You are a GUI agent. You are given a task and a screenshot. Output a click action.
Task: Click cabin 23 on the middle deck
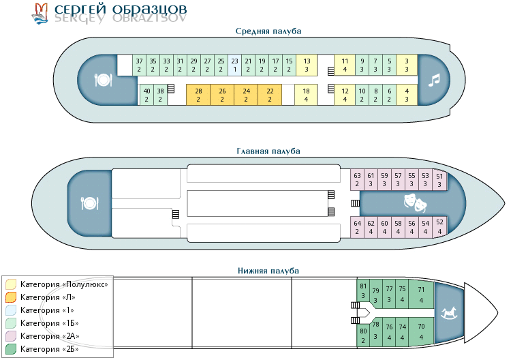[235, 65]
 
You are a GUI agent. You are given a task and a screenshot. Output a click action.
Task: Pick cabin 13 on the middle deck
[307, 65]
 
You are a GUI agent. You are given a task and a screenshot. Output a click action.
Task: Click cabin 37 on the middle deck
[139, 65]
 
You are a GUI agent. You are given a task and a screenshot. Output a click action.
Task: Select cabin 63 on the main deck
[357, 179]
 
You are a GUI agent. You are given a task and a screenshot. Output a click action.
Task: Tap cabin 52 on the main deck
[439, 226]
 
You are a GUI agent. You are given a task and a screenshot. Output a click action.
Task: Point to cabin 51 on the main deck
[439, 181]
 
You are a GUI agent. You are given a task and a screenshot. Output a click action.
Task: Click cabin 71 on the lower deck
[421, 294]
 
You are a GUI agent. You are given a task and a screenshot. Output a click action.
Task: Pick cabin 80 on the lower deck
[363, 335]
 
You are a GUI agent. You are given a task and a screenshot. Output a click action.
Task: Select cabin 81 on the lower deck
[363, 290]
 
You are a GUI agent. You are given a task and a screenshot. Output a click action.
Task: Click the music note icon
[434, 80]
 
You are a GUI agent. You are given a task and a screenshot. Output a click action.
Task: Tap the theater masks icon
[414, 202]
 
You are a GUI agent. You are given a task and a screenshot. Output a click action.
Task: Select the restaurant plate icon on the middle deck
[103, 80]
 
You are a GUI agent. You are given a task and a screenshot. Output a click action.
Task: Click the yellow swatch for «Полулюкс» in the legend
[11, 284]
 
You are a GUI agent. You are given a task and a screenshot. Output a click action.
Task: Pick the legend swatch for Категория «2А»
[11, 336]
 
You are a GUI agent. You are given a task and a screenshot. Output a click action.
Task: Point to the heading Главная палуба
[268, 151]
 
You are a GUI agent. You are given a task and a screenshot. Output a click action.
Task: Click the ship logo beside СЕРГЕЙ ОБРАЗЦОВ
[40, 12]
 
